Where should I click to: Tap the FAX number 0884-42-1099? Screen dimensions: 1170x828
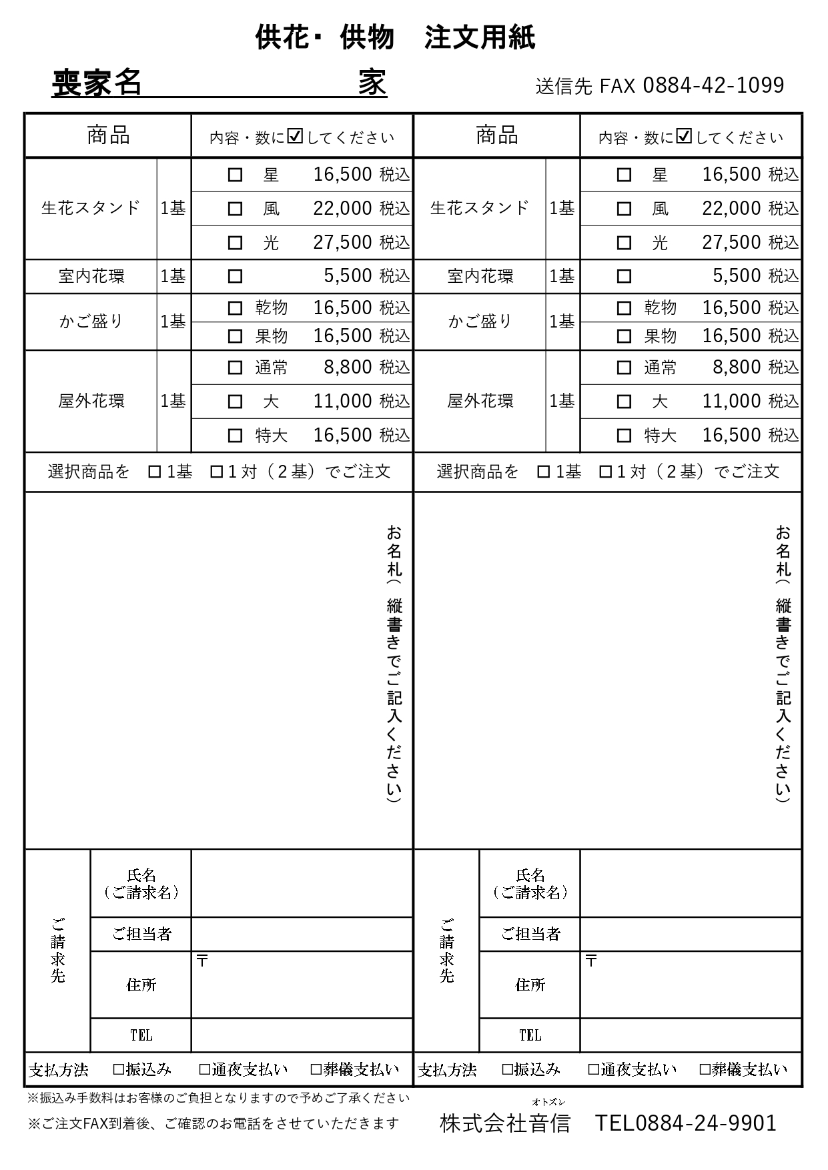pyautogui.click(x=713, y=85)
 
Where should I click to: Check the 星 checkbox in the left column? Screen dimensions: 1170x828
pyautogui.click(x=235, y=175)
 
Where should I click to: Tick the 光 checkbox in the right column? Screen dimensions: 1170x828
pyautogui.click(x=624, y=243)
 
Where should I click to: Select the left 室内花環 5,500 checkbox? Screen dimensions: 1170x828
pyautogui.click(x=235, y=276)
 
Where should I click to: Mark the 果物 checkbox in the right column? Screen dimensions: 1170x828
pyautogui.click(x=624, y=336)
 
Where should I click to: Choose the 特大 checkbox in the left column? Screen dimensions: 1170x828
pyautogui.click(x=235, y=436)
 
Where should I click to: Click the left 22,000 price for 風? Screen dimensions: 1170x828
pyautogui.click(x=342, y=209)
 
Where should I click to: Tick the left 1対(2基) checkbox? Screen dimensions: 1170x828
pyautogui.click(x=216, y=472)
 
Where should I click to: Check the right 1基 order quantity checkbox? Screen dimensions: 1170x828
pyautogui.click(x=544, y=472)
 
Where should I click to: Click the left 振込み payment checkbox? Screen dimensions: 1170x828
pyautogui.click(x=119, y=1070)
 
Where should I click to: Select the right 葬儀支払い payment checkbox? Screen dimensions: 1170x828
pyautogui.click(x=705, y=1070)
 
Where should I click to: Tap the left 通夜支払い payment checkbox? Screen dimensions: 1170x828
pyautogui.click(x=205, y=1070)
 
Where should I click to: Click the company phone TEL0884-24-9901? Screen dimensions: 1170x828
pyautogui.click(x=685, y=1123)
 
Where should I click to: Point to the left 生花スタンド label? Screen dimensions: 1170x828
pyautogui.click(x=91, y=208)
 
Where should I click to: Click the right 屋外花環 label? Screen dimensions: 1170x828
pyautogui.click(x=480, y=402)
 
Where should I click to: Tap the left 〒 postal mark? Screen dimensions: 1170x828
pyautogui.click(x=202, y=961)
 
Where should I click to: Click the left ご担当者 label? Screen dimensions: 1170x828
pyautogui.click(x=141, y=935)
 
